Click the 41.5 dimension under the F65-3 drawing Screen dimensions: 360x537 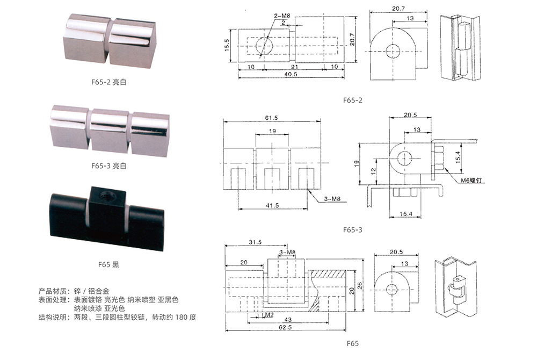pyautogui.click(x=272, y=205)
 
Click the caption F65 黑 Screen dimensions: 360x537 pyautogui.click(x=108, y=264)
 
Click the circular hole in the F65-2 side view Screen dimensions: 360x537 pyautogui.click(x=393, y=51)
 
